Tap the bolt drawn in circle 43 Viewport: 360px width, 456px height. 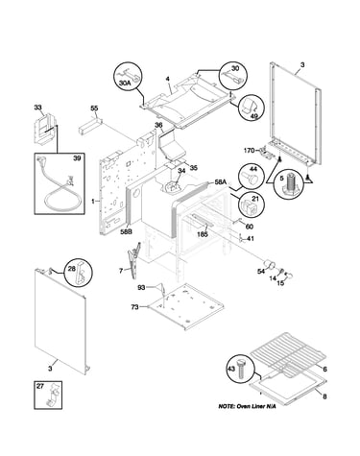point(241,369)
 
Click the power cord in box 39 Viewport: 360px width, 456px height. point(60,190)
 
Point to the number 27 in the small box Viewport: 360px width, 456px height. point(39,386)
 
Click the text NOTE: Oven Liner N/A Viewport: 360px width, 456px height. point(247,406)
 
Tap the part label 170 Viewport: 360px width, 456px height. point(249,150)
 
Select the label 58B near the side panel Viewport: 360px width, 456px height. point(126,232)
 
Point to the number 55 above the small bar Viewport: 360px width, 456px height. point(94,108)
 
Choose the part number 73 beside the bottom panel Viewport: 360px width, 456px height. point(134,307)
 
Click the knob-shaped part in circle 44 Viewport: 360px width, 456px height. point(252,177)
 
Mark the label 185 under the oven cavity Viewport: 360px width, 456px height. point(203,234)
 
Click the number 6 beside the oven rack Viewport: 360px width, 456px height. point(324,369)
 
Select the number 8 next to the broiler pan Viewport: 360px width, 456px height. point(324,396)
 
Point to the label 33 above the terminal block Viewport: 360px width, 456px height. point(37,108)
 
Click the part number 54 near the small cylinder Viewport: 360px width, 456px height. point(261,272)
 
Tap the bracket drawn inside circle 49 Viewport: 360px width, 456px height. point(250,106)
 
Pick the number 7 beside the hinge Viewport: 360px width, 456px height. point(121,271)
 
